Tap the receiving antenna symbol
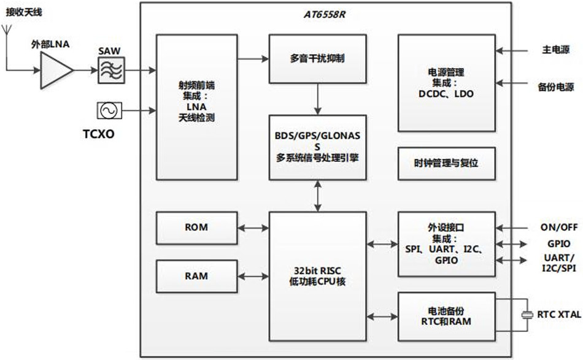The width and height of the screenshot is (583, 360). click(7, 31)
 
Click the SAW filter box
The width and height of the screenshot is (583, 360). click(111, 71)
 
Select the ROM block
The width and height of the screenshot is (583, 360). click(196, 227)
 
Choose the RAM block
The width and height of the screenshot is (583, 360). click(196, 276)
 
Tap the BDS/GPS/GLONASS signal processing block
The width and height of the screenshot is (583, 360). click(317, 147)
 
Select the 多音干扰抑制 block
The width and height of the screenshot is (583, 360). click(317, 59)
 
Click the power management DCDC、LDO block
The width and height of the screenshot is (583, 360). click(446, 82)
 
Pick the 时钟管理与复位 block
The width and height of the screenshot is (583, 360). click(446, 163)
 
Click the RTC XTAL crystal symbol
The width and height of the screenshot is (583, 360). click(527, 315)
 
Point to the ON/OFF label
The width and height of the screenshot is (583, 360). click(555, 226)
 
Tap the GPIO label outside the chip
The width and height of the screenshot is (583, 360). click(555, 243)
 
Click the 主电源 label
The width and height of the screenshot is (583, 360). click(555, 50)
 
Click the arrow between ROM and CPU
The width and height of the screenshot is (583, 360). click(253, 227)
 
